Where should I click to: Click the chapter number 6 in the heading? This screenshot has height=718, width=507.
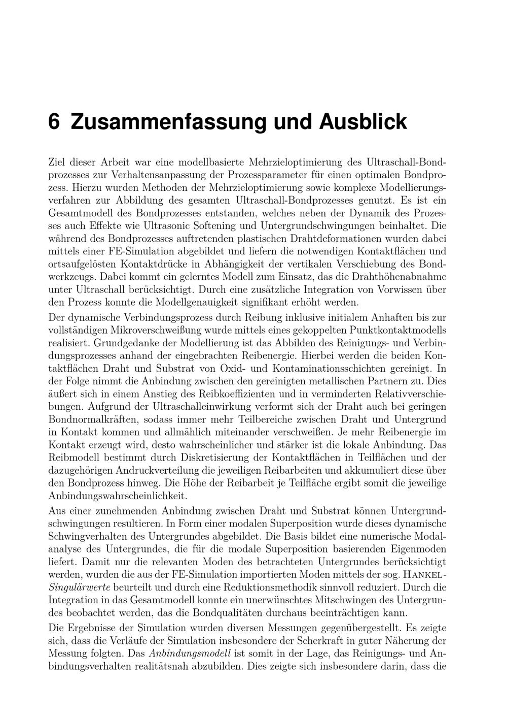point(54,122)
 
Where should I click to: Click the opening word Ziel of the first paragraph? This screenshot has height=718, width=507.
point(58,162)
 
